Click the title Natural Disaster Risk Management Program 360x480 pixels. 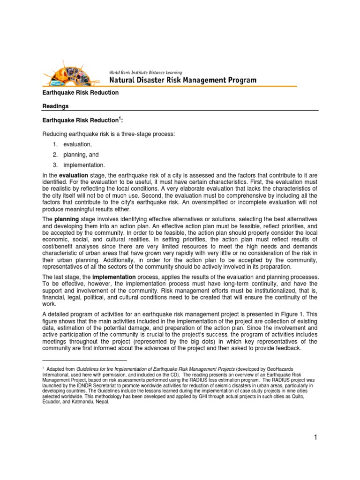coord(182,80)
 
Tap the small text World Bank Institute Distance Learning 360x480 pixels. coord(145,72)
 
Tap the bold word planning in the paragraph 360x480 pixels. coord(67,219)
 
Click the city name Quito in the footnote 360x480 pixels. coord(311,396)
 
